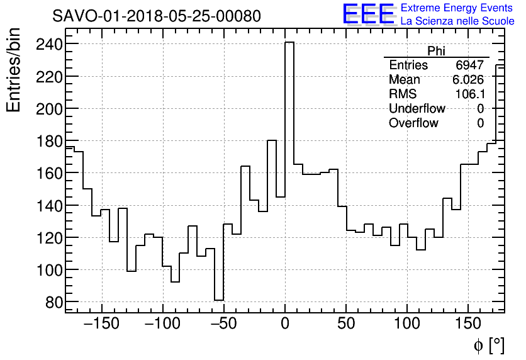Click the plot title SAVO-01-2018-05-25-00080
[157, 16]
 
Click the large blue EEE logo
[369, 14]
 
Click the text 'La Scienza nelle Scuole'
[457, 21]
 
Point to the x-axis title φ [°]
[489, 345]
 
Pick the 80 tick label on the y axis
[51, 302]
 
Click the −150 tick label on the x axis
[101, 325]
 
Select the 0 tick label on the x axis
[285, 325]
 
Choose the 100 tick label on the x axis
[407, 325]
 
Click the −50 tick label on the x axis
[225, 325]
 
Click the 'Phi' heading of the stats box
[436, 51]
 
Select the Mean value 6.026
[468, 80]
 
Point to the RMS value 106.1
[469, 94]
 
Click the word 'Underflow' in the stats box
[417, 108]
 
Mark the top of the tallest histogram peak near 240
[289, 43]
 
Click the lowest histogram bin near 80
[219, 300]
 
